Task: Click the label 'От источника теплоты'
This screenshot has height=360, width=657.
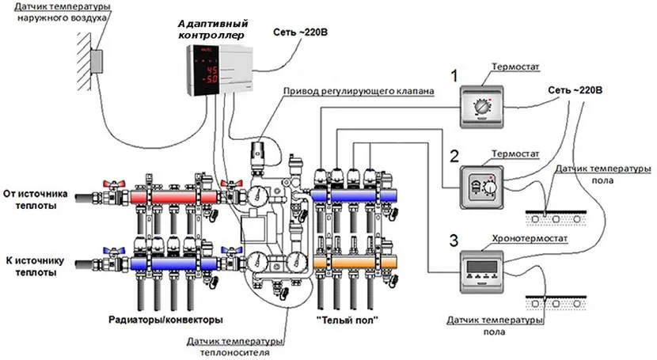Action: pos(36,199)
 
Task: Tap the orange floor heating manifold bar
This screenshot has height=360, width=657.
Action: pos(352,260)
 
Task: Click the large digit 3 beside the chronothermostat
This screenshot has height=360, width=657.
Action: pos(454,239)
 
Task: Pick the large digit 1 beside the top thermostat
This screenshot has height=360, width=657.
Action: pos(454,76)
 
